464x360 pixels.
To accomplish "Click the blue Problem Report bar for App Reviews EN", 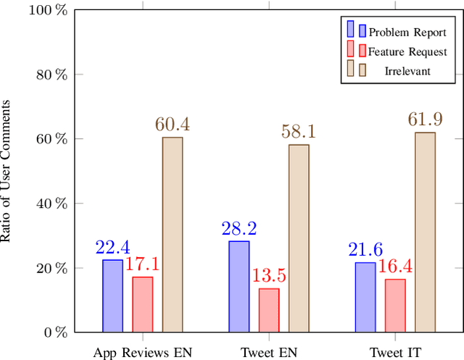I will (112, 296).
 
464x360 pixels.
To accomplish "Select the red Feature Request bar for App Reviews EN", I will (142, 304).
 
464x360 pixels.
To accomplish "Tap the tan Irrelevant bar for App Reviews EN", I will (173, 235).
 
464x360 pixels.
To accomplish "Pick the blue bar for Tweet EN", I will (239, 286).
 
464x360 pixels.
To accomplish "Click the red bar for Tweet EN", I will (269, 310).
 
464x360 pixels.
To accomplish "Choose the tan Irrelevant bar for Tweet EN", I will (299, 238).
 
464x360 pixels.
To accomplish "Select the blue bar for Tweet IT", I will (365, 297).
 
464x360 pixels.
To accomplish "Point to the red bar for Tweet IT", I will (395, 305).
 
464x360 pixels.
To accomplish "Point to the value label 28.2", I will (239, 229).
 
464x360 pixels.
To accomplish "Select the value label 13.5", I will (269, 276).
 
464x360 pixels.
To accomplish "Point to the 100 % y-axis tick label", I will (49, 10).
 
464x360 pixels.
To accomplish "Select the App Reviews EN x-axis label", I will (142, 353).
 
